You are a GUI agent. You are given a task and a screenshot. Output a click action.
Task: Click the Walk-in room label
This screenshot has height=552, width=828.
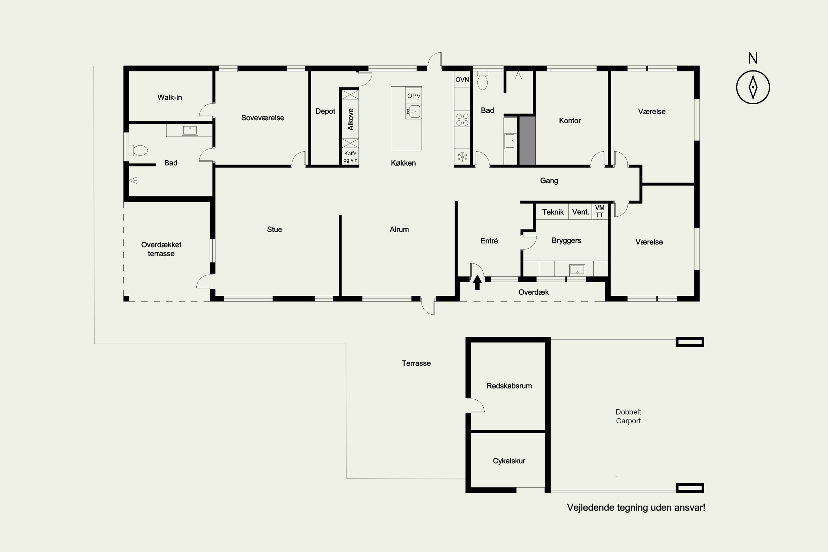170,97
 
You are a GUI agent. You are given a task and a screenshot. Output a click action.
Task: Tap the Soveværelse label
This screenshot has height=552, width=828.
263,118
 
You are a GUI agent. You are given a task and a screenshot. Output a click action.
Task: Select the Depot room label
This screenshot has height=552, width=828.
325,112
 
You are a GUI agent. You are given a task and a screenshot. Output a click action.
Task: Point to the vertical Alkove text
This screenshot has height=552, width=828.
351,119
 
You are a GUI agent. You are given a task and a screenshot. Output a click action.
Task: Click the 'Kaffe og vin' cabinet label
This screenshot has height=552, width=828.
350,157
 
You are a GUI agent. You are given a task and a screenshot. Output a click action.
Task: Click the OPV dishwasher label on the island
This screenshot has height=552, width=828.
414,96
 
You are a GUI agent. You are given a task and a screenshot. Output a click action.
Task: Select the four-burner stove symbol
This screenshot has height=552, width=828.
462,119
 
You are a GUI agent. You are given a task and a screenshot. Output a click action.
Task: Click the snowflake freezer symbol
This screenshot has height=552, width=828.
462,157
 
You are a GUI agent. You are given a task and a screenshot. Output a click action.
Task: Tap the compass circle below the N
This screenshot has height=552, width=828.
753,87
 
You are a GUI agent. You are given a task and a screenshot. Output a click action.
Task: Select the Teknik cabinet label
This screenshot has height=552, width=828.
553,212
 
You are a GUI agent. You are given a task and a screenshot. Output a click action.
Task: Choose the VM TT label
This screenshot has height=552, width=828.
599,211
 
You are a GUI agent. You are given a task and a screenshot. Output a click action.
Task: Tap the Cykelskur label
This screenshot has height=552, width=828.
509,461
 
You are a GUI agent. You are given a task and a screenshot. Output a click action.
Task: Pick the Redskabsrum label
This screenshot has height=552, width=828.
509,386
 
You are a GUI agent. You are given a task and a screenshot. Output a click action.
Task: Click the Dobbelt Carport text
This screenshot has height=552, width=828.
628,416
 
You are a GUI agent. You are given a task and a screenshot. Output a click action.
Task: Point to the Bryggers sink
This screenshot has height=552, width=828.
577,270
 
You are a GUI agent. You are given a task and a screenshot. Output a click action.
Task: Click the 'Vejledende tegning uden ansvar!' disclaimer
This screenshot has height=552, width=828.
636,508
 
